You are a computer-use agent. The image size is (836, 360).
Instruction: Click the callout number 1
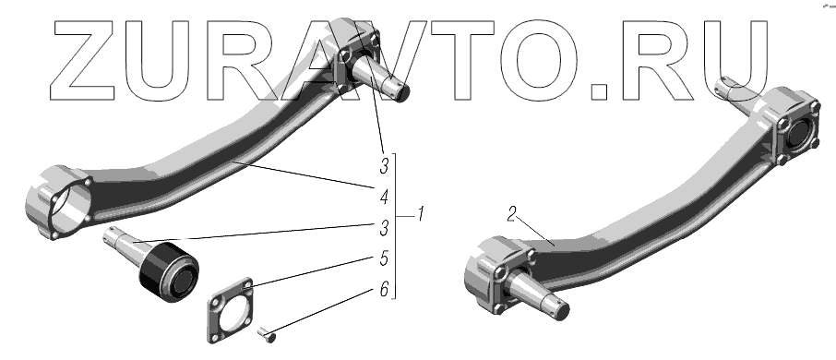421,215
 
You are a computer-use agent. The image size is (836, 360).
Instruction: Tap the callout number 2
512,214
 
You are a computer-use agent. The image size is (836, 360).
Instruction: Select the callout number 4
384,198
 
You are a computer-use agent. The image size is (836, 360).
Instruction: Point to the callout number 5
384,259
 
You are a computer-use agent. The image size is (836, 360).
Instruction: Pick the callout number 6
384,290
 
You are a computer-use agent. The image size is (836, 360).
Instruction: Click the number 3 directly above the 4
384,167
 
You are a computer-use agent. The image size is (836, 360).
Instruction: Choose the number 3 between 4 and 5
384,229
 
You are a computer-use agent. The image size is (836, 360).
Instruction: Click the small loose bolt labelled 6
266,335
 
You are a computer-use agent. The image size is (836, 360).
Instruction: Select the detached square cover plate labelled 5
230,310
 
